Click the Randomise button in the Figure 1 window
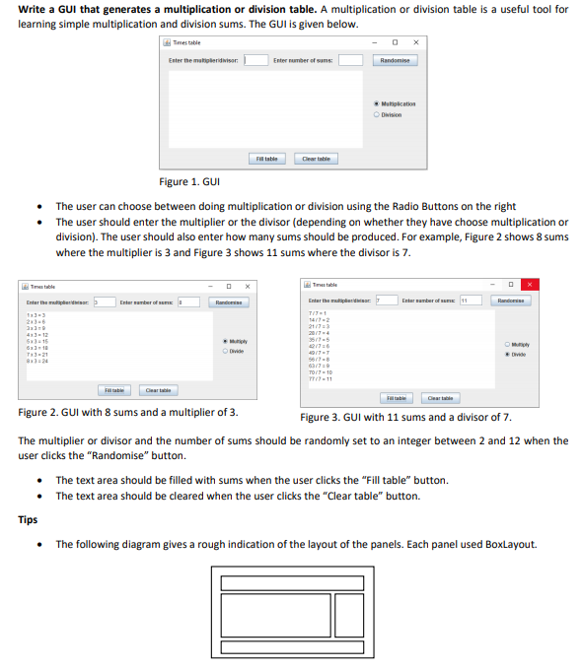(395, 60)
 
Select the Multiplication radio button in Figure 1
(376, 103)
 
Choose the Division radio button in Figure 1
(376, 114)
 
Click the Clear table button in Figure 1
(316, 159)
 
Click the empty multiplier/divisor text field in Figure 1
(255, 60)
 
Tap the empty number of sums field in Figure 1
(350, 60)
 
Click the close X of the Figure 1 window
(416, 41)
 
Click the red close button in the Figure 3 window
(530, 285)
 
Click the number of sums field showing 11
(469, 300)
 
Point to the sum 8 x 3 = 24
(36, 362)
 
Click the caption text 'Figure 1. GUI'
(188, 182)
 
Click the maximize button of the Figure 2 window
(230, 286)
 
